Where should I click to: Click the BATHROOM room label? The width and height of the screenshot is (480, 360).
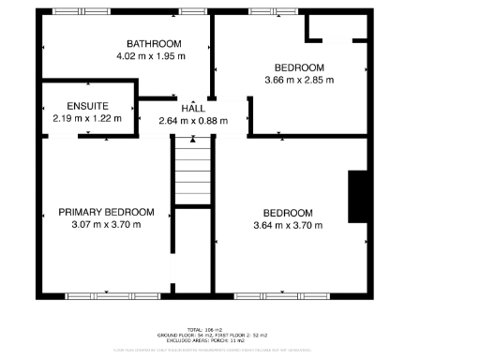[154, 44]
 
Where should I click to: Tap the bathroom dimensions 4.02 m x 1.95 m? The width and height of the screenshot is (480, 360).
[151, 56]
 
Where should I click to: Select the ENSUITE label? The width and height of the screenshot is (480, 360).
[87, 106]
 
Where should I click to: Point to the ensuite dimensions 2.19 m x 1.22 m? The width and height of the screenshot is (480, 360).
[87, 119]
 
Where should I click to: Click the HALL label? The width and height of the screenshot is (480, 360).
[193, 109]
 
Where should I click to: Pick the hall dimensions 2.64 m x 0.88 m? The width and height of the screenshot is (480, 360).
[193, 121]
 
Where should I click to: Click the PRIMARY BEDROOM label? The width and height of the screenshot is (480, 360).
[99, 212]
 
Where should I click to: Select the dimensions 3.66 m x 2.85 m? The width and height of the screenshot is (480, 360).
[299, 80]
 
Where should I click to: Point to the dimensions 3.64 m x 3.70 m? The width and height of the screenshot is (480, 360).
[288, 225]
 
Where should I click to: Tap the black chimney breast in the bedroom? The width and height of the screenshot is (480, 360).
[356, 198]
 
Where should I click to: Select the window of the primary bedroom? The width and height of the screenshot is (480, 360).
[105, 296]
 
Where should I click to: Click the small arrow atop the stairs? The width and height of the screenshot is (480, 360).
[193, 141]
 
